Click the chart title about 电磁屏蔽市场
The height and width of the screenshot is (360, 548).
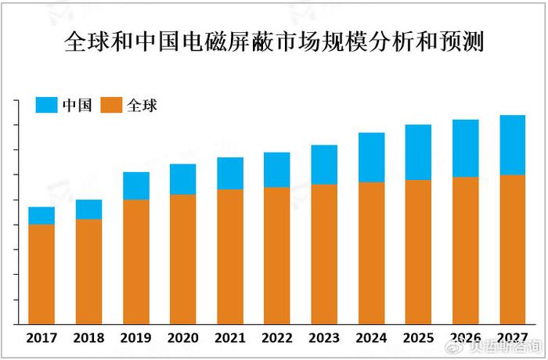pyautogui.click(x=273, y=41)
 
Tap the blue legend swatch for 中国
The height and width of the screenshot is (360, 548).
pyautogui.click(x=46, y=105)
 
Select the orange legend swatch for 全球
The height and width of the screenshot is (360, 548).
pyautogui.click(x=112, y=105)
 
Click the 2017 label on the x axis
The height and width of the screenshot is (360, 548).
pyautogui.click(x=41, y=338)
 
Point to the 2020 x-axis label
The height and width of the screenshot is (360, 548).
pyautogui.click(x=182, y=338)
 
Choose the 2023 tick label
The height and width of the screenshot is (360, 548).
pyautogui.click(x=324, y=338)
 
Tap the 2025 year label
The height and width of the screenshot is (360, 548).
pyautogui.click(x=418, y=338)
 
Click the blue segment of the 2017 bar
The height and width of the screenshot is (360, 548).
pyautogui.click(x=41, y=215)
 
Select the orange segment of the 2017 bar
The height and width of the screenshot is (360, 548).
pyautogui.click(x=41, y=274)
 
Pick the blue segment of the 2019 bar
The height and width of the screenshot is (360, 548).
pyautogui.click(x=135, y=185)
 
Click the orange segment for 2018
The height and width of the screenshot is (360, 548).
pyautogui.click(x=88, y=271)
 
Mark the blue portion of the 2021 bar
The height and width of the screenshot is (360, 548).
pyautogui.click(x=230, y=173)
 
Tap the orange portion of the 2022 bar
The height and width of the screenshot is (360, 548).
pyautogui.click(x=277, y=255)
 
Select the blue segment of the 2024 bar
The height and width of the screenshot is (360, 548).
pyautogui.click(x=371, y=157)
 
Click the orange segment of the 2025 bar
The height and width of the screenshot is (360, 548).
pyautogui.click(x=418, y=251)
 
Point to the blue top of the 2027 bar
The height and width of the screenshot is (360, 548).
pyautogui.click(x=512, y=145)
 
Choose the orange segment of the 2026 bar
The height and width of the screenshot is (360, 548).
pyautogui.click(x=465, y=250)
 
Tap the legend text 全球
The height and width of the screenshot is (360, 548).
pyautogui.click(x=142, y=105)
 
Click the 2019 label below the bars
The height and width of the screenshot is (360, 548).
pyautogui.click(x=135, y=338)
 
